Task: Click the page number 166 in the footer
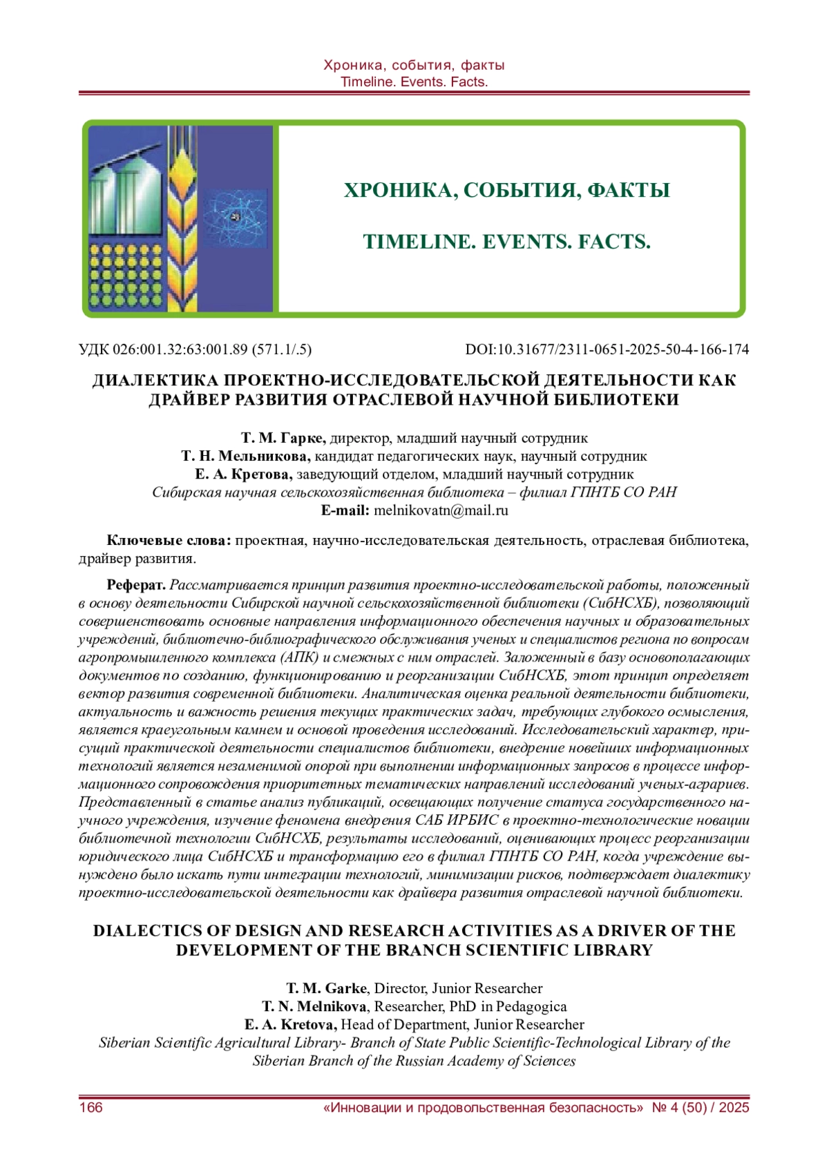91,1108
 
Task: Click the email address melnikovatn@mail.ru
441,510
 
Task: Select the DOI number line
607,349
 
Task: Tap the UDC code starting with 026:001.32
195,349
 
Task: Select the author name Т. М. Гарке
283,438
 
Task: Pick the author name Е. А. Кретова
244,474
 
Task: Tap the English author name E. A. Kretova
291,1024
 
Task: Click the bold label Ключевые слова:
169,540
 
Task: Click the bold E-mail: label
345,510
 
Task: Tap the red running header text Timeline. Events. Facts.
414,81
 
